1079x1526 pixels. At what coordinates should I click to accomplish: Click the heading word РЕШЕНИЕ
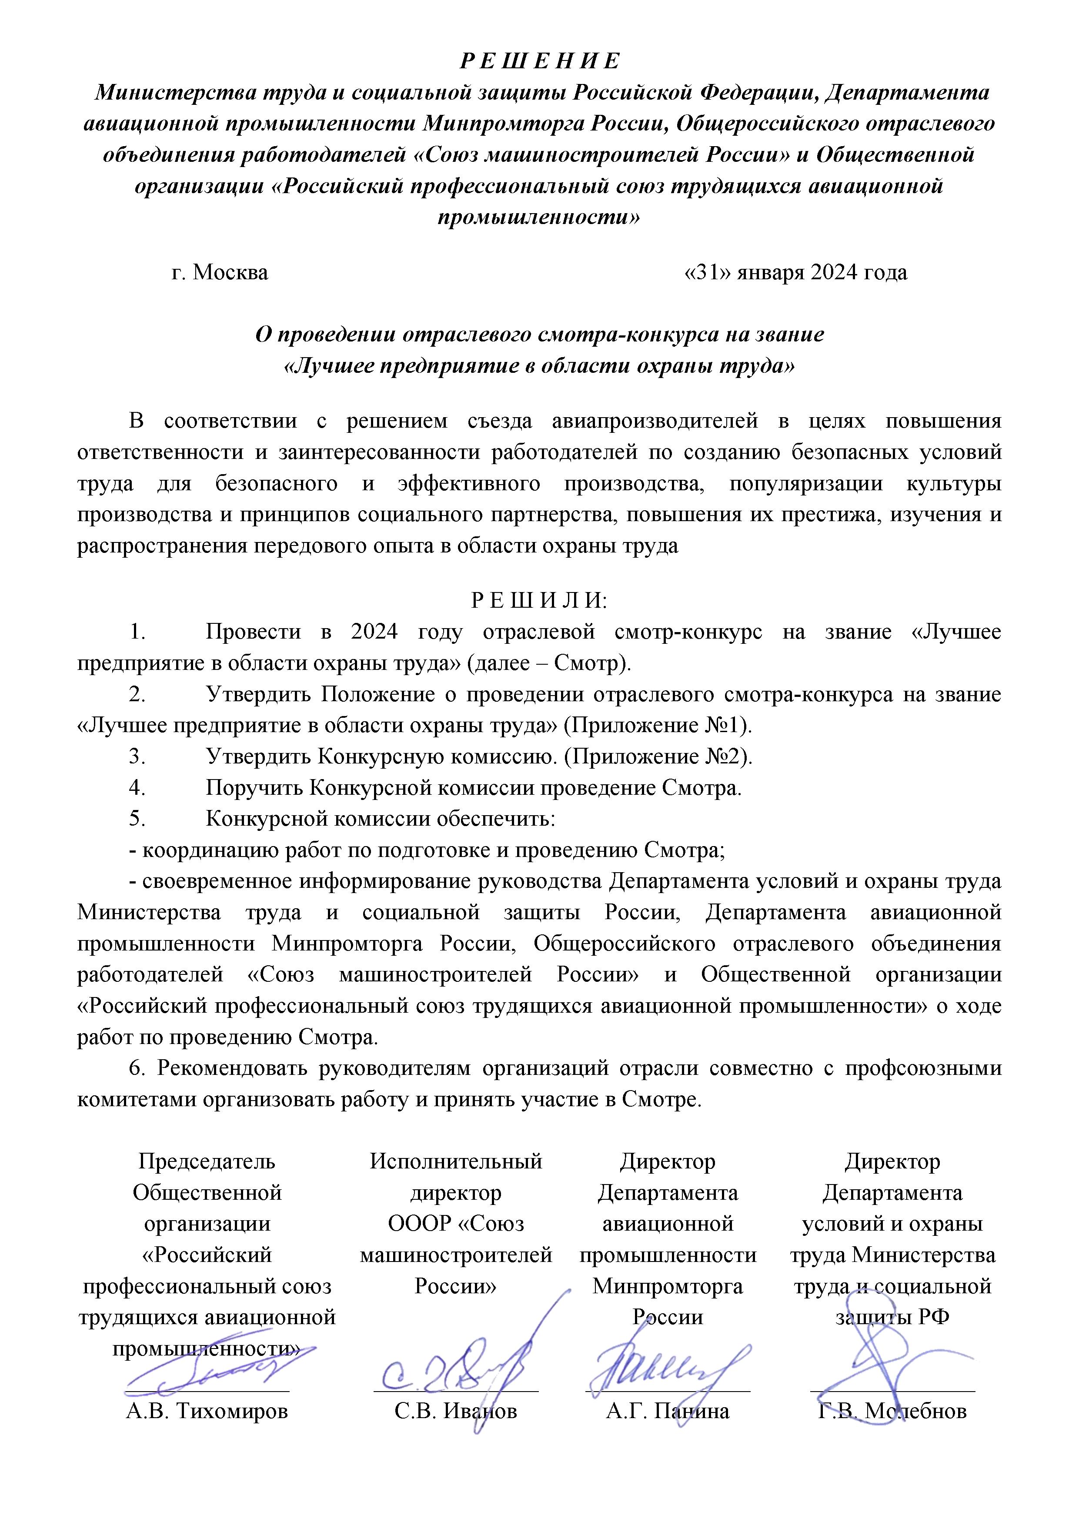(539, 61)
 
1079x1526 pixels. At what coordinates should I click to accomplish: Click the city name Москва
(230, 272)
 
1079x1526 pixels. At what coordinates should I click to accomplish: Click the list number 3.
(137, 757)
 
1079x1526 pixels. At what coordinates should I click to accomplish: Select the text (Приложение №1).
(658, 725)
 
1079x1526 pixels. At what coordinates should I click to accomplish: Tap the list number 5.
(137, 819)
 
